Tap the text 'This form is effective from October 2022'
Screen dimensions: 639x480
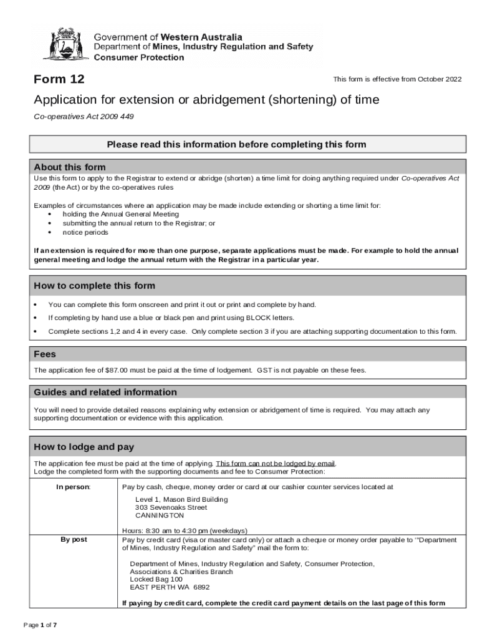397,79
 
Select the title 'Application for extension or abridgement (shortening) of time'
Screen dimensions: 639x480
206,100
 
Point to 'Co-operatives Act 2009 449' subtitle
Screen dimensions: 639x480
84,117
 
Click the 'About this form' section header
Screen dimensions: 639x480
70,167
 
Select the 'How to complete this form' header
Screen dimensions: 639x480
95,286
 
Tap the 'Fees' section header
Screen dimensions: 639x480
45,354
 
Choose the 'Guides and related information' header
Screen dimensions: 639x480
105,392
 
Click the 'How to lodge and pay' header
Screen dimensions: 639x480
84,447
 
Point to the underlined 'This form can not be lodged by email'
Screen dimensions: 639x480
275,464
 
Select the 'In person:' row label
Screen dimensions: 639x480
74,487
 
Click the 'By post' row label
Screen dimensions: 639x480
74,539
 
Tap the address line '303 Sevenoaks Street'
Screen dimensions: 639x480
171,507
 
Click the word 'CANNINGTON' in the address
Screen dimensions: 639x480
160,515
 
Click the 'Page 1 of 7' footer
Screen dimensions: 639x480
41,625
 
